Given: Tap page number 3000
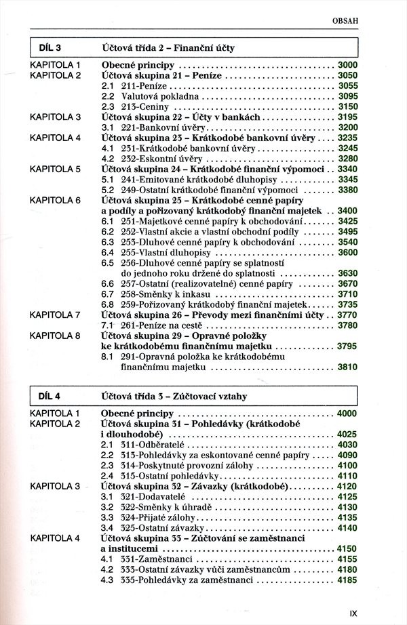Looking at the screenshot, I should click(x=347, y=65).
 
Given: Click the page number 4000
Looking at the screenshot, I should click(x=347, y=413).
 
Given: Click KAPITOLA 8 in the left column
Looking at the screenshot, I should click(x=56, y=336).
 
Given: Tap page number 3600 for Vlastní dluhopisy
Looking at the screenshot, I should click(x=347, y=252).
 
